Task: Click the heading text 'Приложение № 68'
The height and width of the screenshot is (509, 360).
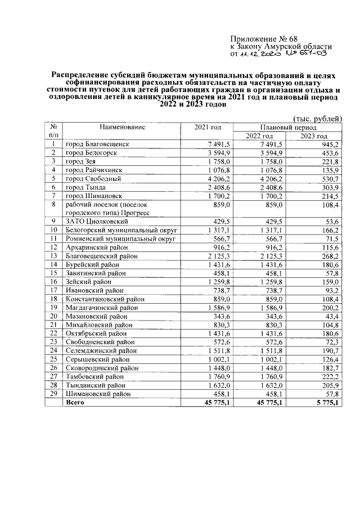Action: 259,38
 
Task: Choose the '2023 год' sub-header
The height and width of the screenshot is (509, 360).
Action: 313,136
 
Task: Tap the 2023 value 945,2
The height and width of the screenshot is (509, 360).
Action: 330,145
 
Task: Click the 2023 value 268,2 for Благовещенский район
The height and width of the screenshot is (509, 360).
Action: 330,256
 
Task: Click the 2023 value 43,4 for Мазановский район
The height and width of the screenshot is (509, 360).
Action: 331,317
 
